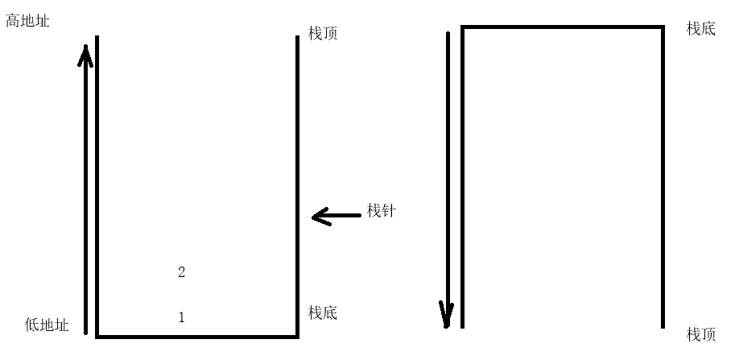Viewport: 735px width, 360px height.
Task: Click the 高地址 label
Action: (x=27, y=22)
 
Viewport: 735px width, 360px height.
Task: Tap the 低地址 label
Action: (x=47, y=325)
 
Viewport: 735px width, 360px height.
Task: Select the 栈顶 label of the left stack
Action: (x=323, y=35)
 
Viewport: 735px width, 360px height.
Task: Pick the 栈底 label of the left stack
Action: (x=323, y=312)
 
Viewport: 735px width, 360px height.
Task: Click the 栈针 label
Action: (x=382, y=211)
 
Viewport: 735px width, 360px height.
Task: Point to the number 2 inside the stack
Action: (x=181, y=272)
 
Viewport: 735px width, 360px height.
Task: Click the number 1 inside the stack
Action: (x=181, y=317)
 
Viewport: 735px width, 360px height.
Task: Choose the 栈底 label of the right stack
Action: (x=700, y=29)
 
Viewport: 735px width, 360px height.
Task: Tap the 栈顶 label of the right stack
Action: (x=700, y=333)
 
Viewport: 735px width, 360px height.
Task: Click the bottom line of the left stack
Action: (x=197, y=336)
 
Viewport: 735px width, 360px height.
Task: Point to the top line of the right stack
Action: (x=562, y=27)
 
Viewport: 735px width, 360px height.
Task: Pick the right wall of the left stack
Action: (x=298, y=185)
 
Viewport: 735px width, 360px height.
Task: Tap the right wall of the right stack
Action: (x=663, y=177)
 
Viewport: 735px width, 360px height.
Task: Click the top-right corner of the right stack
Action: (x=663, y=27)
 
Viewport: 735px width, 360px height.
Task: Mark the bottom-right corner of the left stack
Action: (x=298, y=336)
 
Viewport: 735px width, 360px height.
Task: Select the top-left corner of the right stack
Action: (x=462, y=27)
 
